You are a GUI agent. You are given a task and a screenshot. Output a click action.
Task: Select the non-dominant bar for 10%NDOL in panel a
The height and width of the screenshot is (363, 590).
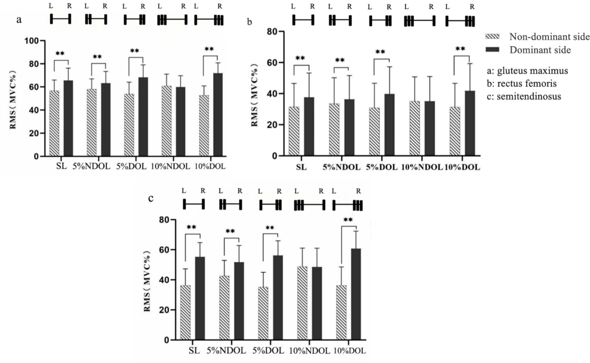pos(167,121)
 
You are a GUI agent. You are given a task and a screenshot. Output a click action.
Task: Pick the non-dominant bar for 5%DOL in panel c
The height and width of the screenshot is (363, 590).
pos(263,313)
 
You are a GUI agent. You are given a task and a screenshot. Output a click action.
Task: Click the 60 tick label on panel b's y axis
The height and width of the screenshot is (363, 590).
pos(273,63)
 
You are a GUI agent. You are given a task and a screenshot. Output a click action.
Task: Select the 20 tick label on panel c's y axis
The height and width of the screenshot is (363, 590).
pos(164,310)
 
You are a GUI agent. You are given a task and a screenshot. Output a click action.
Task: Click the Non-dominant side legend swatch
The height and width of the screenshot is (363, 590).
pos(492,36)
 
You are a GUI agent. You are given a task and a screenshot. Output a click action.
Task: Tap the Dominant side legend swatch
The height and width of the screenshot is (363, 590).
pos(492,50)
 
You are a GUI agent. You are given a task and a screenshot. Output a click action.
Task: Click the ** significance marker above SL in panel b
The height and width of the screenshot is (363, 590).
pos(300,58)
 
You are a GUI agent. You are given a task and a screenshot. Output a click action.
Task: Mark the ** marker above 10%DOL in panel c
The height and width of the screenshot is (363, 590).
pos(348,220)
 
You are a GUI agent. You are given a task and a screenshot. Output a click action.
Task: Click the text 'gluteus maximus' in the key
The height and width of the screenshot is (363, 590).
pos(532,71)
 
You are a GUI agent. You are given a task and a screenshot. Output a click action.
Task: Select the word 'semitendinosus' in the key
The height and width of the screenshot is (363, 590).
pos(529,96)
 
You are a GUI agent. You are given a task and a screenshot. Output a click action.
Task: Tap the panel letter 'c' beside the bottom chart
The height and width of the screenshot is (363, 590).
pos(151,198)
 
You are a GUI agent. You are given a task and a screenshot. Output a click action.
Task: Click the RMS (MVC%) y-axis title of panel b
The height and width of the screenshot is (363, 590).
pos(255,94)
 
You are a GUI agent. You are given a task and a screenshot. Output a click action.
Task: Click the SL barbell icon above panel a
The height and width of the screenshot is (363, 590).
pos(60,19)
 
